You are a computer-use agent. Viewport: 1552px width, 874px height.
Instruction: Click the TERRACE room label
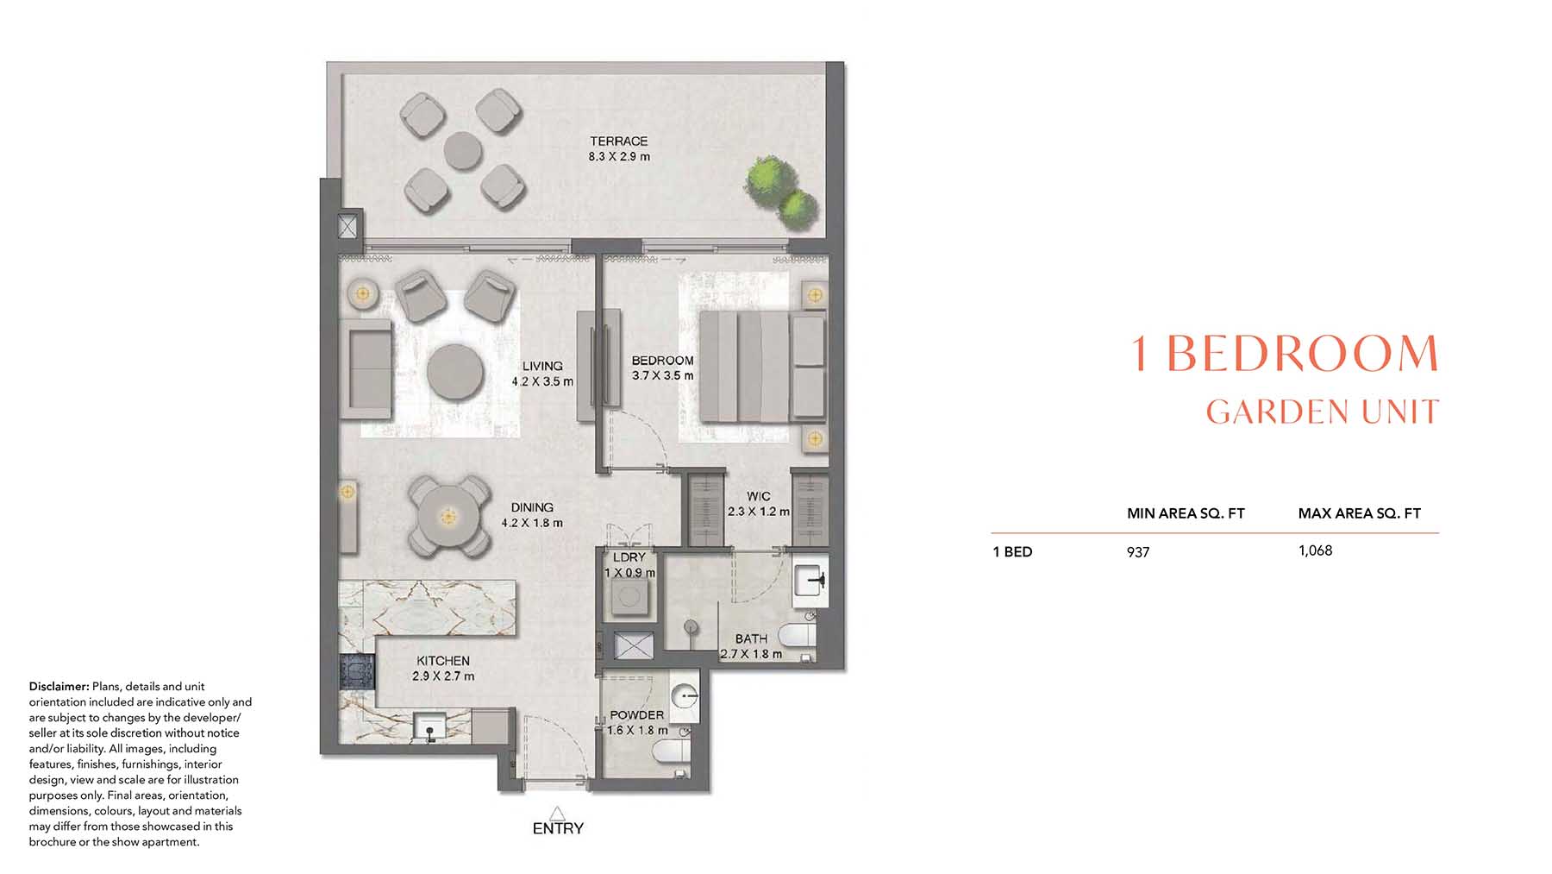click(619, 141)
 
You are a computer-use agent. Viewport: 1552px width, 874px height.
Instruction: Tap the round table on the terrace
click(463, 152)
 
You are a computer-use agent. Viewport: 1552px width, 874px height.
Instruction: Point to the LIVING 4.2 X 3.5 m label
click(542, 374)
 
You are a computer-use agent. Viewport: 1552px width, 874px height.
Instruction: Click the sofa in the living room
click(366, 369)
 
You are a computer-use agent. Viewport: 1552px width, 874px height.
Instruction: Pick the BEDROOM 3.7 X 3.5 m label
click(662, 368)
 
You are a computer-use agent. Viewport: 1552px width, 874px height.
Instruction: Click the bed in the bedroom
click(762, 367)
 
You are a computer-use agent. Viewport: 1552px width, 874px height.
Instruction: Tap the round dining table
click(447, 517)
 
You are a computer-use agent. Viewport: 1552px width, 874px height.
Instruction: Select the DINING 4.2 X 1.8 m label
click(532, 515)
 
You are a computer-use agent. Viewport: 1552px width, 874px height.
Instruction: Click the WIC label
click(759, 496)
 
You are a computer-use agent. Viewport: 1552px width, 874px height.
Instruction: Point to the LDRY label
click(629, 557)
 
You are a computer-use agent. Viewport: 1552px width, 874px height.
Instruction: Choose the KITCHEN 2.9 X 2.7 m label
click(443, 669)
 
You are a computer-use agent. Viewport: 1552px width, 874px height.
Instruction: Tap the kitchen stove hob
click(357, 671)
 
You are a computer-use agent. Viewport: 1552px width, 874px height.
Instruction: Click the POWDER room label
click(637, 715)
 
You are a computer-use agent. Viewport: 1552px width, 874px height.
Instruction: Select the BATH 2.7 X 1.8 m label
click(751, 646)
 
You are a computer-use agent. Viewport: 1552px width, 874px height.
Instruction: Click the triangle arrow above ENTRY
click(557, 813)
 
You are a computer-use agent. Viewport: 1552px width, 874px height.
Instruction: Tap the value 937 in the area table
click(1138, 552)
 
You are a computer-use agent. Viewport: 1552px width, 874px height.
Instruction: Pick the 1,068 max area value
click(1315, 550)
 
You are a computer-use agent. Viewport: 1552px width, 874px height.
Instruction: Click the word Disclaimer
click(59, 687)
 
